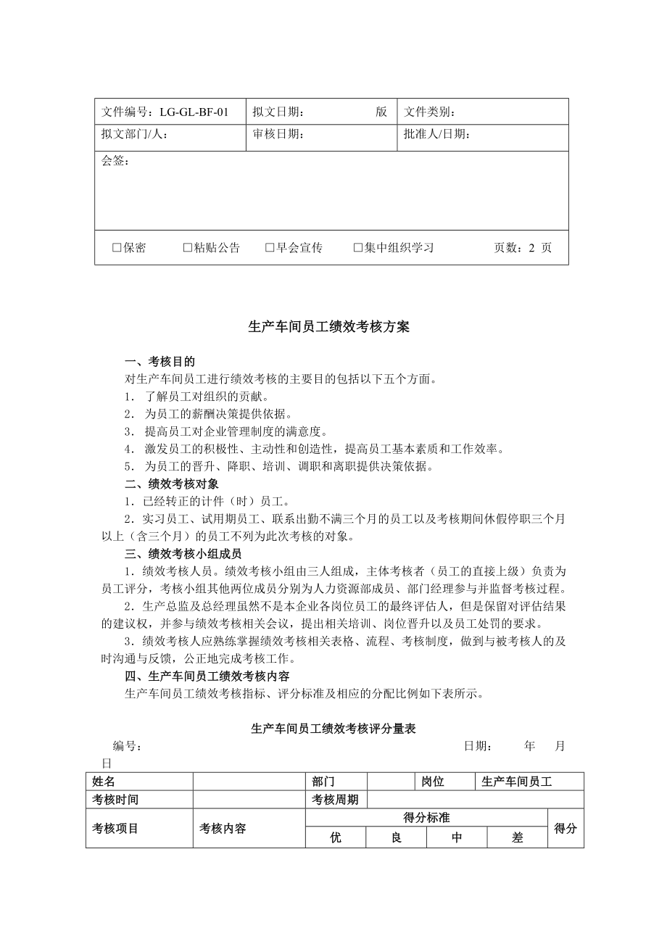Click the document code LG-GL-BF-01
[194, 112]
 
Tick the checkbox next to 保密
[116, 248]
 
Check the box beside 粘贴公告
[188, 248]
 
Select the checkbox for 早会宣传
[270, 248]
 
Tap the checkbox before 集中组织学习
[357, 248]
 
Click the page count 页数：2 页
[522, 248]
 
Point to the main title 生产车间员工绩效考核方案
[329, 327]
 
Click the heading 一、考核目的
[159, 361]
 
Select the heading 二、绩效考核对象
[171, 484]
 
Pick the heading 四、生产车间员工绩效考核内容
[207, 676]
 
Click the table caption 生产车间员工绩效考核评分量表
[333, 728]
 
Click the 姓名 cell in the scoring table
[104, 782]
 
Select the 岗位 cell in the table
[433, 782]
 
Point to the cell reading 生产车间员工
[516, 782]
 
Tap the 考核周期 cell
[335, 800]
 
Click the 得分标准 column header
[426, 818]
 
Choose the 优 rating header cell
[335, 837]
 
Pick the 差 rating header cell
[517, 837]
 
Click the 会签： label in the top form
[115, 161]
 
